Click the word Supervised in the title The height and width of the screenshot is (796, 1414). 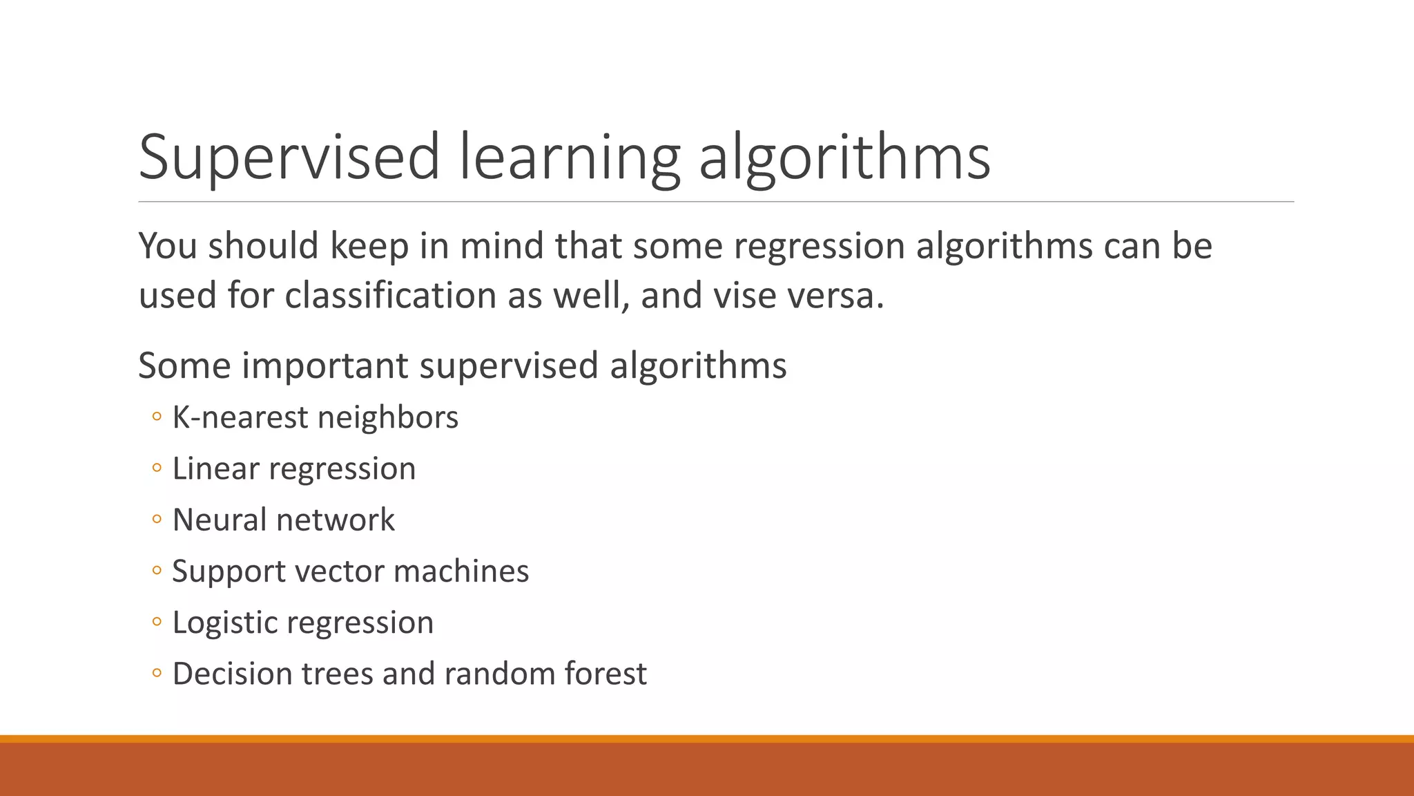289,158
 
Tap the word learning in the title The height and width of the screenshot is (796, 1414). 569,158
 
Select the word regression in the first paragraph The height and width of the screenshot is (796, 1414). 819,247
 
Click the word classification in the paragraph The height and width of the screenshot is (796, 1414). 390,296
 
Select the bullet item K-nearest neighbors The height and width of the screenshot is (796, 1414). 315,417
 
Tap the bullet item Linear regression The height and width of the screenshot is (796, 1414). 293,469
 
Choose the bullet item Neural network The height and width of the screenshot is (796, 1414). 283,520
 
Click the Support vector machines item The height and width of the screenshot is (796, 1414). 350,571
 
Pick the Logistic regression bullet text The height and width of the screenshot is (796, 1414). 302,623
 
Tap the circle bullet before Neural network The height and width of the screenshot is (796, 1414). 157,520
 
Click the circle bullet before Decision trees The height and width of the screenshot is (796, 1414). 157,673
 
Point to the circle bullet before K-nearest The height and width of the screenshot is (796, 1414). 157,417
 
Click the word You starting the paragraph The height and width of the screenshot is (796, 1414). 168,247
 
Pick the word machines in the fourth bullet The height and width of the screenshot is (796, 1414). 461,571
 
